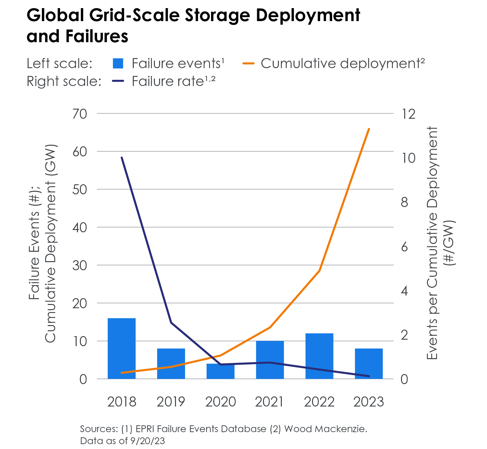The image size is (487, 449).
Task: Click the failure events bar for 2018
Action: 121,348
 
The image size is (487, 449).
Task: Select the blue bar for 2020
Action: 220,371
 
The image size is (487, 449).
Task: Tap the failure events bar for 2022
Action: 319,356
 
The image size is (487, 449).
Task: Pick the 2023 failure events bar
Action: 369,363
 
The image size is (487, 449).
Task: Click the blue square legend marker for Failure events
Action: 118,64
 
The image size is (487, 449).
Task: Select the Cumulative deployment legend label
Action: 343,64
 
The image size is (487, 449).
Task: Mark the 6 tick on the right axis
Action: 404,247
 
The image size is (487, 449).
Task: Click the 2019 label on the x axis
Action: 171,402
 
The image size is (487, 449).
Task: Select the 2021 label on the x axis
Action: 269,402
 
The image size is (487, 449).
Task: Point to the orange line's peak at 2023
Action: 369,129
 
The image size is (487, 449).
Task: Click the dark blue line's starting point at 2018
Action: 122,158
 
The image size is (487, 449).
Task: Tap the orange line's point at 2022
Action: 319,271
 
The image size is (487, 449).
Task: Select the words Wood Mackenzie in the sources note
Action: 326,429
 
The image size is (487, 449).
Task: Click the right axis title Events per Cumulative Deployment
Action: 432,243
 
